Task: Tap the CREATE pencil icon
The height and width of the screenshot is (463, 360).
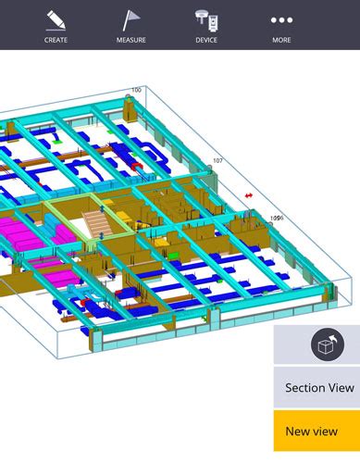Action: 56,19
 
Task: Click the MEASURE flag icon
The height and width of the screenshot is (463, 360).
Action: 131,19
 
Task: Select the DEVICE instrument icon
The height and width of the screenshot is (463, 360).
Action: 206,19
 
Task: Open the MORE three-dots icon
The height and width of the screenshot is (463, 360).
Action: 281,19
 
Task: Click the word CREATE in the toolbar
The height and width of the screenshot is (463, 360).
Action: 56,40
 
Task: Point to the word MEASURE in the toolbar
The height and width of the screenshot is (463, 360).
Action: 131,40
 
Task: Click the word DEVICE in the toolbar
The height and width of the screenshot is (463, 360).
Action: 206,40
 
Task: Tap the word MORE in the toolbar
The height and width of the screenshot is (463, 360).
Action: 281,40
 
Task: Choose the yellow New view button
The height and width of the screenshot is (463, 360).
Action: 317,431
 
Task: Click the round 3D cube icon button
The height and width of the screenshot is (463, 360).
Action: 322,344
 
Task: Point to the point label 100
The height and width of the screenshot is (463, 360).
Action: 136,90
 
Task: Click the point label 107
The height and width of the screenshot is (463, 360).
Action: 217,161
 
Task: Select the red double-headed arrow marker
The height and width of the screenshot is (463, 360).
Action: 248,196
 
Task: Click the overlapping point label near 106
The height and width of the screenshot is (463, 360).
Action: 276,219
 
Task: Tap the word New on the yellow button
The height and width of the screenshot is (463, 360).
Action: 297,431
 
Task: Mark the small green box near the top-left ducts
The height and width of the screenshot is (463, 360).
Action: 57,144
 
